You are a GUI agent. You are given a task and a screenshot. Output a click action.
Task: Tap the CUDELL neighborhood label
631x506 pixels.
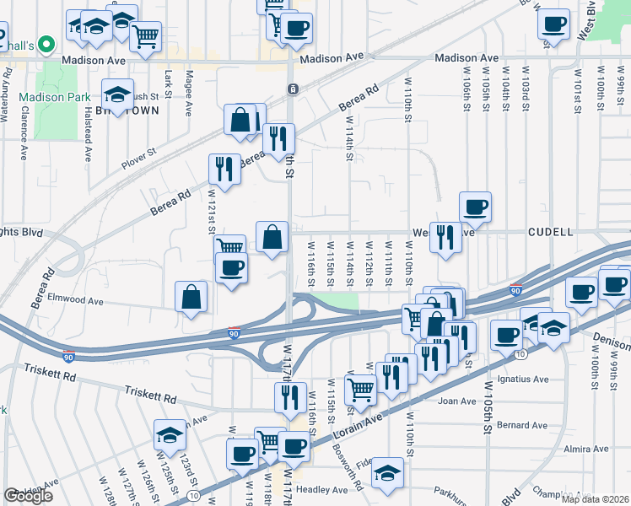552,231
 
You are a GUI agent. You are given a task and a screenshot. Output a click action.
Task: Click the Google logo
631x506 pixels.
29,496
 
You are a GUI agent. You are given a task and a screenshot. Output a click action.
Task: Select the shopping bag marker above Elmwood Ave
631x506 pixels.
191,298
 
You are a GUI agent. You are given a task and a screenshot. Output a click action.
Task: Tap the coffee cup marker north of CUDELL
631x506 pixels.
476,207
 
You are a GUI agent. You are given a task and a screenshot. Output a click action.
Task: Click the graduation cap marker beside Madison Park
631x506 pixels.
117,94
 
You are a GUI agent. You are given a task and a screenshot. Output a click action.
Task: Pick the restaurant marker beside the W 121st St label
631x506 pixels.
224,170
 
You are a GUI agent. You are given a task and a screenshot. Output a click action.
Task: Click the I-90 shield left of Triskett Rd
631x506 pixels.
69,357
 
